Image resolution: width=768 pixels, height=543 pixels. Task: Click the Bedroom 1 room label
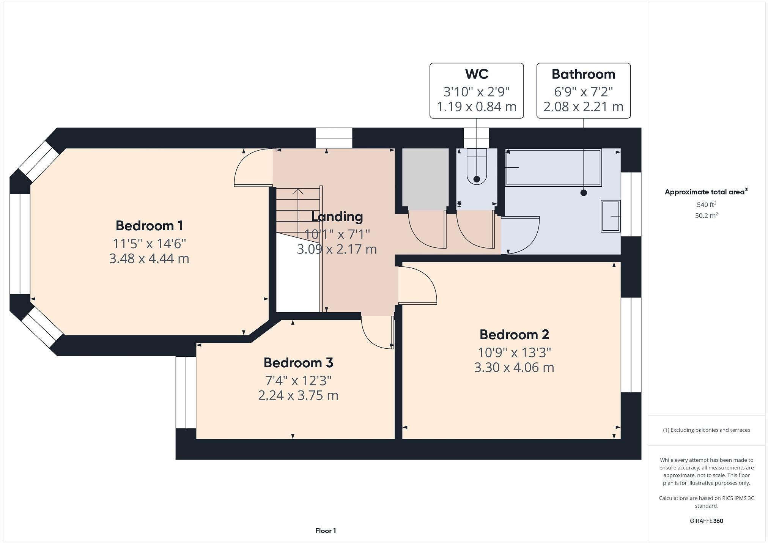[x=149, y=226]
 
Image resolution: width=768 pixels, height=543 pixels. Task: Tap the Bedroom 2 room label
[x=514, y=335]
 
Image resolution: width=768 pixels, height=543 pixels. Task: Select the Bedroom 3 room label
[x=298, y=363]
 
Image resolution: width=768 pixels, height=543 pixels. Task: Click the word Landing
[x=337, y=217]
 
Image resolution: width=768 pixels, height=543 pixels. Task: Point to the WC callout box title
[x=477, y=74]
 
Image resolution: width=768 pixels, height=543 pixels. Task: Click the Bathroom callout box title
[x=583, y=74]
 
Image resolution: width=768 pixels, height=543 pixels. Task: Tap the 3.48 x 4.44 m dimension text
[x=149, y=259]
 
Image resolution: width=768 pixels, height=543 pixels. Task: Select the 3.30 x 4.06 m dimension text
[x=514, y=367]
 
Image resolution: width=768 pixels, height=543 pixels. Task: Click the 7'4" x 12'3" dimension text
[x=298, y=380]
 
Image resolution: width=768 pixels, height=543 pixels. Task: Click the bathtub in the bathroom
[x=553, y=168]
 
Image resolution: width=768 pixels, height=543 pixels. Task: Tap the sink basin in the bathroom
[x=611, y=216]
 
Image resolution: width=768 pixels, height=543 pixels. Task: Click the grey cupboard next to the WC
[x=425, y=178]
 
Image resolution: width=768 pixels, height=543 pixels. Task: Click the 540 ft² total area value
[x=706, y=205]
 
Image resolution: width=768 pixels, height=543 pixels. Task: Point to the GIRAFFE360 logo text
[x=706, y=521]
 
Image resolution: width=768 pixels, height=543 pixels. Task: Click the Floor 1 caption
[x=326, y=531]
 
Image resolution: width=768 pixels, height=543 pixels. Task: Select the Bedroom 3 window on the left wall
[x=186, y=392]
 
